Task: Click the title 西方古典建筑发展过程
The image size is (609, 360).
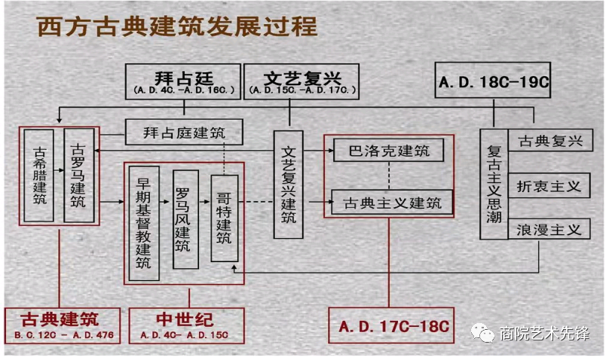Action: (x=177, y=26)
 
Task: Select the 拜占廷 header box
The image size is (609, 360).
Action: (x=183, y=81)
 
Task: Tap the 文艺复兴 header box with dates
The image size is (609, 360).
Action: (x=301, y=81)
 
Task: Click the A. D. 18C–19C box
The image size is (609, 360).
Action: (x=493, y=81)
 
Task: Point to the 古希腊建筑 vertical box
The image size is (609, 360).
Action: (x=39, y=175)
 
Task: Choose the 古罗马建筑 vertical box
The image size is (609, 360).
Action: (x=79, y=175)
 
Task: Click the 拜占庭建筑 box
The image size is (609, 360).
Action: (x=184, y=133)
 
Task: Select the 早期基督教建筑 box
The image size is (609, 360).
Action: (x=144, y=223)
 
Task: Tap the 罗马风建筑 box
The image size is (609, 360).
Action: (x=185, y=219)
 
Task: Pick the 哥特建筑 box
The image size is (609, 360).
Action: (x=225, y=218)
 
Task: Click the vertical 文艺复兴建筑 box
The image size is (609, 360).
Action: (x=288, y=185)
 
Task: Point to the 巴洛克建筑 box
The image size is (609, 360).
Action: (x=389, y=150)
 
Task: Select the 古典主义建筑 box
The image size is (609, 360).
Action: (x=392, y=202)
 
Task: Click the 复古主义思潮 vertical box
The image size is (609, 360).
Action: (x=494, y=184)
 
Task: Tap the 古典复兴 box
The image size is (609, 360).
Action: (x=550, y=140)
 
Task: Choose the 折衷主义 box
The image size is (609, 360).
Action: (x=549, y=186)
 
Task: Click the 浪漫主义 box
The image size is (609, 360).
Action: (x=549, y=229)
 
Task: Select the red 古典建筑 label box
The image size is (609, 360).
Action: (x=62, y=325)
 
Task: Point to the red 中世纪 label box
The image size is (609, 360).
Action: (x=186, y=325)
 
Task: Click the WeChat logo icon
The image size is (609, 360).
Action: (x=482, y=333)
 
